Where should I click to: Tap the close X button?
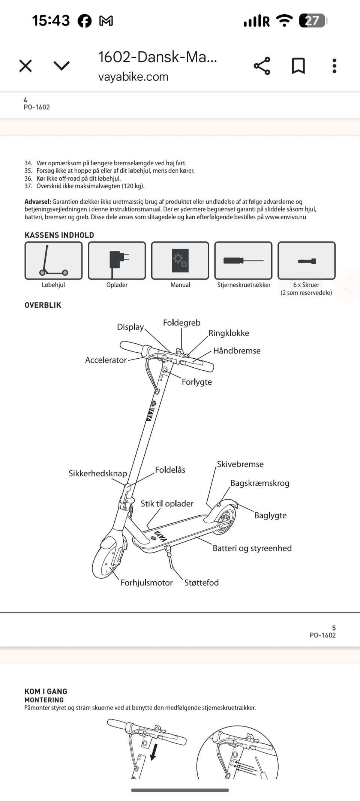25,66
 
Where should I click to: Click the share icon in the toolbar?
262,66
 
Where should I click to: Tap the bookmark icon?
298,66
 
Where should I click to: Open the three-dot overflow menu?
334,66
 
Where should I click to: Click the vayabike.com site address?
133,77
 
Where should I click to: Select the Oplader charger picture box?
117,261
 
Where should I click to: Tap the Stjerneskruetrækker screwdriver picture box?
243,261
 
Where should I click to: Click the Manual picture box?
180,261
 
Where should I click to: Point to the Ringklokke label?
228,333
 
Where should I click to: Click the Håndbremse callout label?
237,351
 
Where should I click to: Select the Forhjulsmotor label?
146,583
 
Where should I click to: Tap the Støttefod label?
201,583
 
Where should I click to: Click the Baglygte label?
270,515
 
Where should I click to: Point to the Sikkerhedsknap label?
97,473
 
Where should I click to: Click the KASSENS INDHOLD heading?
59,235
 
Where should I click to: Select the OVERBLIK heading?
43,305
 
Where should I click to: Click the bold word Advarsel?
37,202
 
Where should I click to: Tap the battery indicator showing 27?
312,21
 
